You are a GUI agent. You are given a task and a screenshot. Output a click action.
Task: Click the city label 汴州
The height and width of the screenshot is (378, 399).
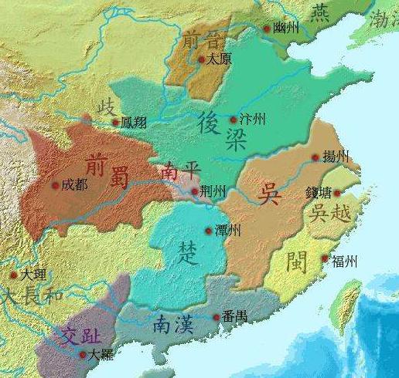(x=253, y=120)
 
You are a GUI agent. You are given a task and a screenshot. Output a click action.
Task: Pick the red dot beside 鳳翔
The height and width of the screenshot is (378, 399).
(x=116, y=122)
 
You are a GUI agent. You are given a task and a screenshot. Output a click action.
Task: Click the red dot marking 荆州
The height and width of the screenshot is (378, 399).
(x=193, y=191)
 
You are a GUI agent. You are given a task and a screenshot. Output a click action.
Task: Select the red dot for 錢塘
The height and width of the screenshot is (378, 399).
(x=336, y=193)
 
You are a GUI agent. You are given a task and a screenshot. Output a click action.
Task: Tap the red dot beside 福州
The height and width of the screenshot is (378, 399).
(x=326, y=259)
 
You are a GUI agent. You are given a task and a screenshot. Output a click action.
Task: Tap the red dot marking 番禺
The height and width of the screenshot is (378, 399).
(x=215, y=317)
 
